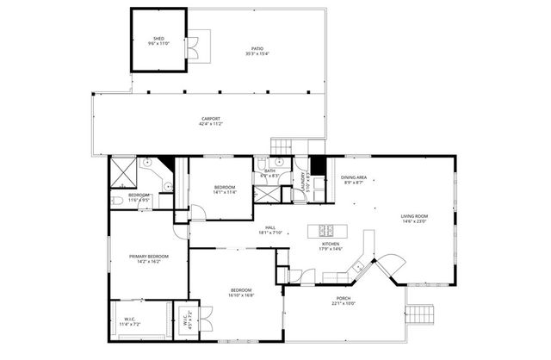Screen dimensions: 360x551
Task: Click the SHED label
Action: [x=158, y=39]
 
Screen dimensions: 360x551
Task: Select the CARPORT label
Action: [x=211, y=119]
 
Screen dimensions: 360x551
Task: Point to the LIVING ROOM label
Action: [x=414, y=216]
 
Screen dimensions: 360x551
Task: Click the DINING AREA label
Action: [x=354, y=177]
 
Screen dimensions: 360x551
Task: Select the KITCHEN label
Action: [x=319, y=245]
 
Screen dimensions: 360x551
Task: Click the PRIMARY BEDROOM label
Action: [x=149, y=257]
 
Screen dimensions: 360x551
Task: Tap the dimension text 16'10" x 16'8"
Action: [x=240, y=295]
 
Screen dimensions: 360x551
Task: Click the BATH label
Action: [x=269, y=171]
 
